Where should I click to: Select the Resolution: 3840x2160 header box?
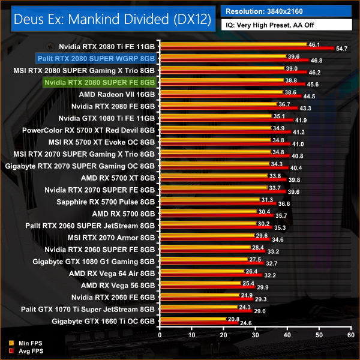(288, 11)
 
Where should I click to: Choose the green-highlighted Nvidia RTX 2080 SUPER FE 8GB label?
(100, 82)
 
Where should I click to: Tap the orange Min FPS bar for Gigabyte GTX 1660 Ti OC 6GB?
(192, 319)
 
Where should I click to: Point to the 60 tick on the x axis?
(351, 334)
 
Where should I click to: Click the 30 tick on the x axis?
(255, 334)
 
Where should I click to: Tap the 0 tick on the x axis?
(159, 334)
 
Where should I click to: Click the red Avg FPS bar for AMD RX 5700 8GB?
(216, 215)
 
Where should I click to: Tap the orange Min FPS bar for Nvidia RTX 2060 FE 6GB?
(198, 295)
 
